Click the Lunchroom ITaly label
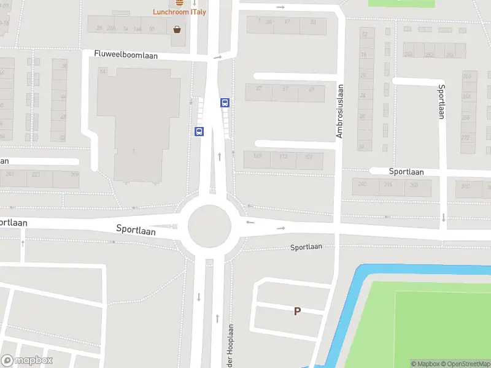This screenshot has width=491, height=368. pyautogui.click(x=179, y=12)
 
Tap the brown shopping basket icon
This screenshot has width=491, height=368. pyautogui.click(x=177, y=29)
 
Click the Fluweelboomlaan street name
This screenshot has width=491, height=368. pyautogui.click(x=126, y=55)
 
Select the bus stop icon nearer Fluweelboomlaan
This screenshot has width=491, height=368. pyautogui.click(x=225, y=103)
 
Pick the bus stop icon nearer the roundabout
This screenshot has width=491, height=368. pyautogui.click(x=199, y=131)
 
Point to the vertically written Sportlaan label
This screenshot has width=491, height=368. pyautogui.click(x=441, y=101)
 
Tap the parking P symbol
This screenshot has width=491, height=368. pyautogui.click(x=297, y=312)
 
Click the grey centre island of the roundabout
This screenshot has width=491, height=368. pyautogui.click(x=209, y=226)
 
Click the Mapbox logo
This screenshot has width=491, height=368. pyautogui.click(x=27, y=361)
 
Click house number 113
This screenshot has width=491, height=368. pyautogui.click(x=283, y=157)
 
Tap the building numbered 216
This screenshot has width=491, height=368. pyautogui.click(x=387, y=185)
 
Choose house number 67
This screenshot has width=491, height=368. pyautogui.click(x=285, y=90)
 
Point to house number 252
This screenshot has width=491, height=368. pyautogui.click(x=428, y=55)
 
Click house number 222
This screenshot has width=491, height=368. pyautogui.click(x=36, y=175)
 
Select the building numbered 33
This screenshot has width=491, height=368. pyautogui.click(x=313, y=22)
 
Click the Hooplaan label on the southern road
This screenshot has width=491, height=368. pyautogui.click(x=231, y=341)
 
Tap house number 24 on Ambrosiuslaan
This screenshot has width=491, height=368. pyautogui.click(x=362, y=96)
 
